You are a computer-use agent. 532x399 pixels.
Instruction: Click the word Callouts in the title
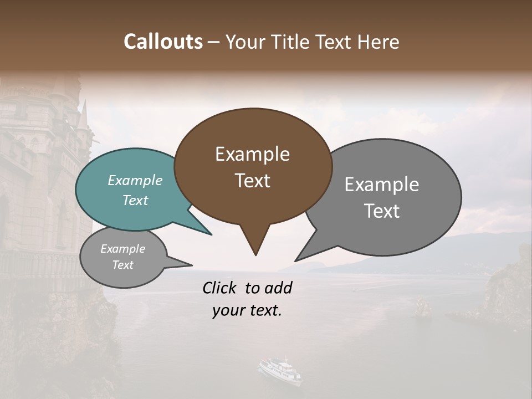click(163, 42)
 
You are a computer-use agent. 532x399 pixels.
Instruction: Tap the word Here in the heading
click(378, 42)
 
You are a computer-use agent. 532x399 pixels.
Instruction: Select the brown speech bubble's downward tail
click(255, 241)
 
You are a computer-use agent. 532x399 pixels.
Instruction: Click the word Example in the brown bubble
click(252, 154)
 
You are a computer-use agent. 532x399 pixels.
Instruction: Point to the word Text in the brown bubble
click(252, 181)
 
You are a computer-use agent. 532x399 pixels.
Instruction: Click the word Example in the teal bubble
click(135, 180)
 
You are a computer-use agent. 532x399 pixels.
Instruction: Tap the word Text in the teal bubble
click(135, 200)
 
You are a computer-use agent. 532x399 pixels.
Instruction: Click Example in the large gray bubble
click(382, 185)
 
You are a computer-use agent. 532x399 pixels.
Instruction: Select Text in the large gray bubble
click(382, 211)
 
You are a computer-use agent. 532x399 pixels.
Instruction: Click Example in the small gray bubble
click(123, 249)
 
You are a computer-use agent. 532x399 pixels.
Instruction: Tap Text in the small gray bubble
click(123, 265)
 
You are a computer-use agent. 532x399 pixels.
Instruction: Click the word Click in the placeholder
click(221, 288)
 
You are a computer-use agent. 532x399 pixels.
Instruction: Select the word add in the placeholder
click(278, 288)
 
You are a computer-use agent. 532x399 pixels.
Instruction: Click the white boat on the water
click(280, 370)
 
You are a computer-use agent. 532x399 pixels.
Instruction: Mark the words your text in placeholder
click(247, 310)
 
